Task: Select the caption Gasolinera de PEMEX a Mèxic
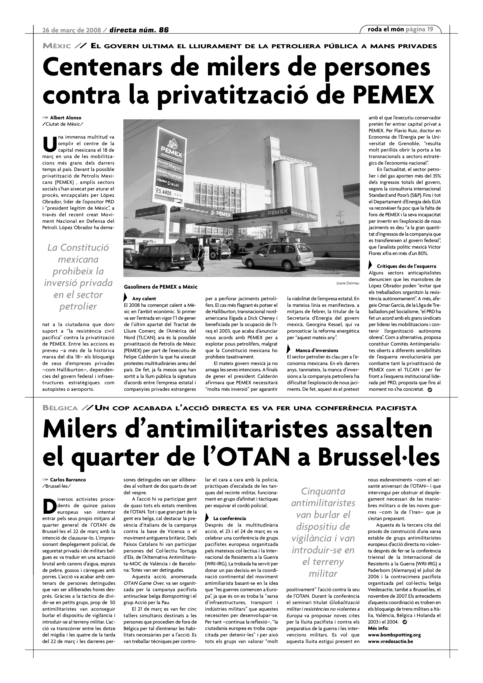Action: [161, 287]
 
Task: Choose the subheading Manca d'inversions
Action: [317, 350]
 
